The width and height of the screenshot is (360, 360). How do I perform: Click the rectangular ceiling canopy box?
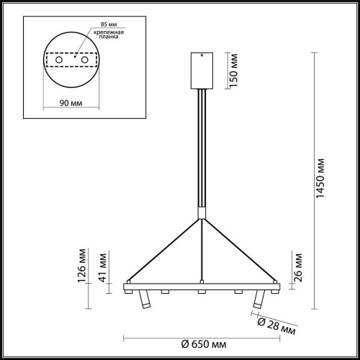point(201,69)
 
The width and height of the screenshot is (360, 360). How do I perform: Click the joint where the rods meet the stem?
point(201,212)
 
